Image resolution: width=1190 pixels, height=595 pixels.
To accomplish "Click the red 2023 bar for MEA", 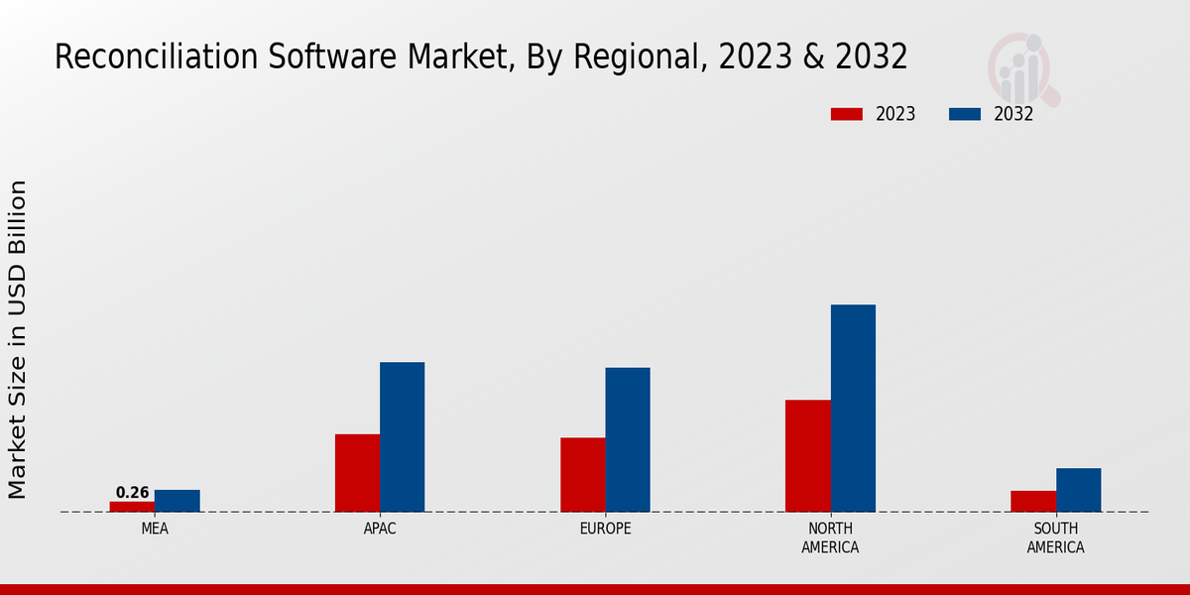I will [132, 507].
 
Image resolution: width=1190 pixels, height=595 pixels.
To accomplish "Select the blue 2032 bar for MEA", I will [178, 501].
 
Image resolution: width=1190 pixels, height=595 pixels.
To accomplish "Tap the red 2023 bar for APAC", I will [357, 473].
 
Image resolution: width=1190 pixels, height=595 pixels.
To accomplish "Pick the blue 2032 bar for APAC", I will [402, 437].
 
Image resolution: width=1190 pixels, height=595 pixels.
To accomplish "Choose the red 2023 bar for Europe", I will [582, 475].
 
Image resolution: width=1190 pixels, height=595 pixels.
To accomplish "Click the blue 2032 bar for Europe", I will [628, 440].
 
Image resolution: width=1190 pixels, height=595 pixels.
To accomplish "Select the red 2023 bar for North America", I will [807, 456].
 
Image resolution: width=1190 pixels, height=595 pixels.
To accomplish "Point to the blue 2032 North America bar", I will [853, 409].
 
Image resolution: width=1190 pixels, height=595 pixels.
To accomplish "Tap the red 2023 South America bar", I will [1033, 502].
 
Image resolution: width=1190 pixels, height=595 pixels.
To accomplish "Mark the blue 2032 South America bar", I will [1078, 490].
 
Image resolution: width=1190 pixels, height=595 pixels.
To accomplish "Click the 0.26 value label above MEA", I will [132, 493].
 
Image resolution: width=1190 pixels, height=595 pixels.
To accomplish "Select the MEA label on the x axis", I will [155, 529].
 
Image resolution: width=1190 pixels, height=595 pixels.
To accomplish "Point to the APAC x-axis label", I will [380, 529].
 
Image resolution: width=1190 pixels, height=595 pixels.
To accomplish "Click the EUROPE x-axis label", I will [605, 529].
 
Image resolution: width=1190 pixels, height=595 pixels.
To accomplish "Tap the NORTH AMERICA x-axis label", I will [830, 537].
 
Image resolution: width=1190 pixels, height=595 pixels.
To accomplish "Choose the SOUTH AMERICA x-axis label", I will [1055, 537].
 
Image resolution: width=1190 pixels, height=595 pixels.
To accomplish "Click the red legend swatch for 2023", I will [846, 114].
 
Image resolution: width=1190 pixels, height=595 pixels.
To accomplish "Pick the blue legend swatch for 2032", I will [964, 114].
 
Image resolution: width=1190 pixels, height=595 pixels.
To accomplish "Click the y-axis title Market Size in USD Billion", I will [18, 339].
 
